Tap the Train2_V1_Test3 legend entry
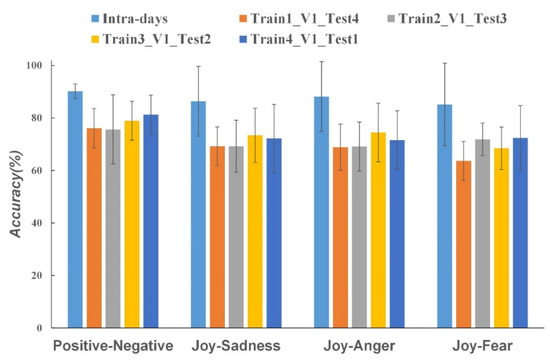(450, 17)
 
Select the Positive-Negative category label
(111, 345)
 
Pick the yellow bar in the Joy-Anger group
(377, 230)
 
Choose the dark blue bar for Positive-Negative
(149, 221)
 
